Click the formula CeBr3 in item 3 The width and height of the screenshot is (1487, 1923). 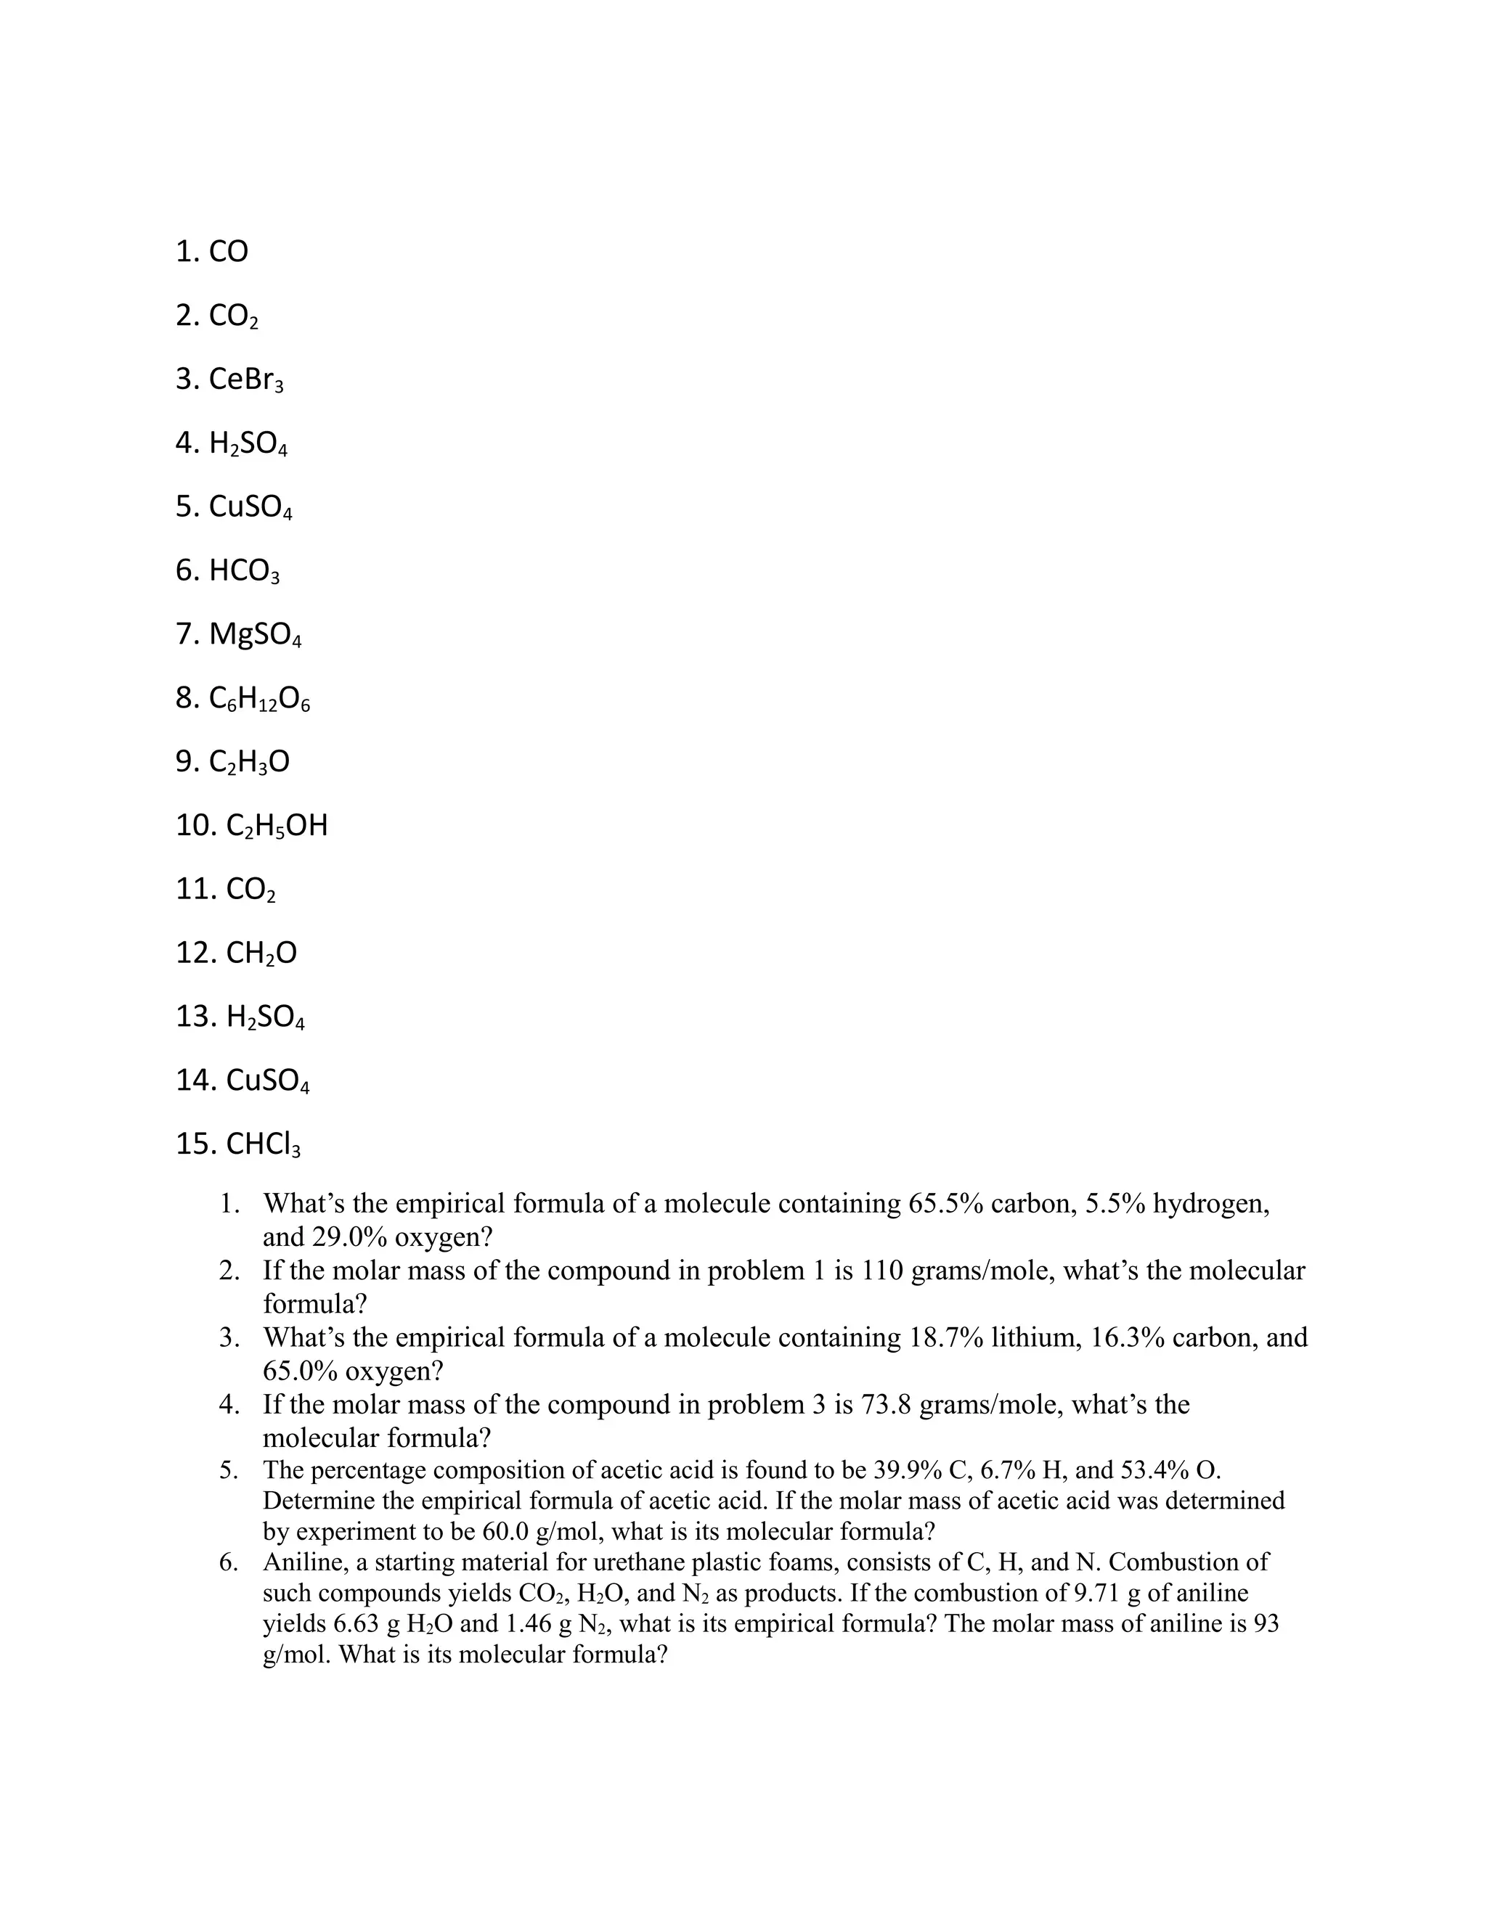(246, 380)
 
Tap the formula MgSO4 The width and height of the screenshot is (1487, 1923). (256, 635)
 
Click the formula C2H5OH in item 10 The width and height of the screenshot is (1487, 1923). (277, 826)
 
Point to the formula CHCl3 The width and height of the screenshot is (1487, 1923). (264, 1144)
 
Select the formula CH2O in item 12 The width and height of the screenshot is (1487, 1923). (261, 953)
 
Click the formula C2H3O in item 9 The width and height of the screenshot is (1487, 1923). (249, 762)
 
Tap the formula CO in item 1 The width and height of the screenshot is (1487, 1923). (228, 252)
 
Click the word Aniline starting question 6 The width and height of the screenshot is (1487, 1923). (305, 1563)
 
